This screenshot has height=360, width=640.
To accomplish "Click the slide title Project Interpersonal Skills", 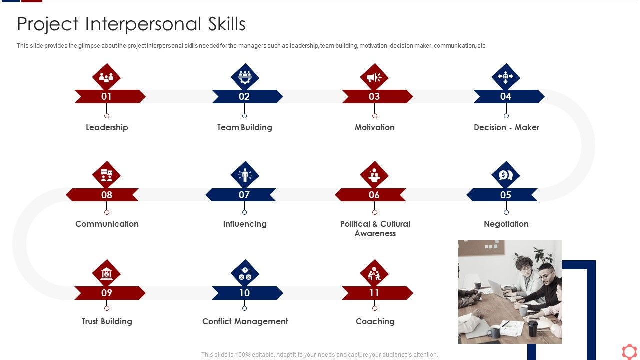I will (131, 24).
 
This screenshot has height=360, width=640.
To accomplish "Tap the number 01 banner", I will (107, 96).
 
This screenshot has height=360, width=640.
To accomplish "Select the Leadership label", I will (107, 127).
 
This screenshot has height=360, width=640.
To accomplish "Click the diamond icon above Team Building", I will (245, 77).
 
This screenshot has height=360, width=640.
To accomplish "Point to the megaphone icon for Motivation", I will (374, 77).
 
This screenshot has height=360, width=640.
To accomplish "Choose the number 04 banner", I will (506, 96).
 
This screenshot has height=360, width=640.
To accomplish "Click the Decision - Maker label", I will (506, 127).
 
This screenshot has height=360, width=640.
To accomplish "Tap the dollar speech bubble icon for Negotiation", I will (506, 175).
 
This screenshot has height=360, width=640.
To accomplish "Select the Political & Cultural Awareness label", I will (375, 229).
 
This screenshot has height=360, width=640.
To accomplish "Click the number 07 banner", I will (244, 195).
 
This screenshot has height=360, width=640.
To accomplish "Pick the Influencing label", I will (245, 224).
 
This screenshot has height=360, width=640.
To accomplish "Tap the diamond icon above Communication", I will (107, 175).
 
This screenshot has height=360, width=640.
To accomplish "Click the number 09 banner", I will (107, 293).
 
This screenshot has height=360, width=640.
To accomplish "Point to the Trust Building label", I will (107, 321).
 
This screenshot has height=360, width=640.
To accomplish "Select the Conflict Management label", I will (245, 321).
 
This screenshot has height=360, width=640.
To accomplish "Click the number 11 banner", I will (374, 293).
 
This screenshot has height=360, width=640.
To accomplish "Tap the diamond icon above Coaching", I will (374, 273).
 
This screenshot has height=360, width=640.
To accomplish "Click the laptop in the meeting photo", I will (498, 289).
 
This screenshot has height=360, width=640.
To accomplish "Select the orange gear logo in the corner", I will (629, 351).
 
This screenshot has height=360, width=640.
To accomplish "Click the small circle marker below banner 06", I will (374, 212).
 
